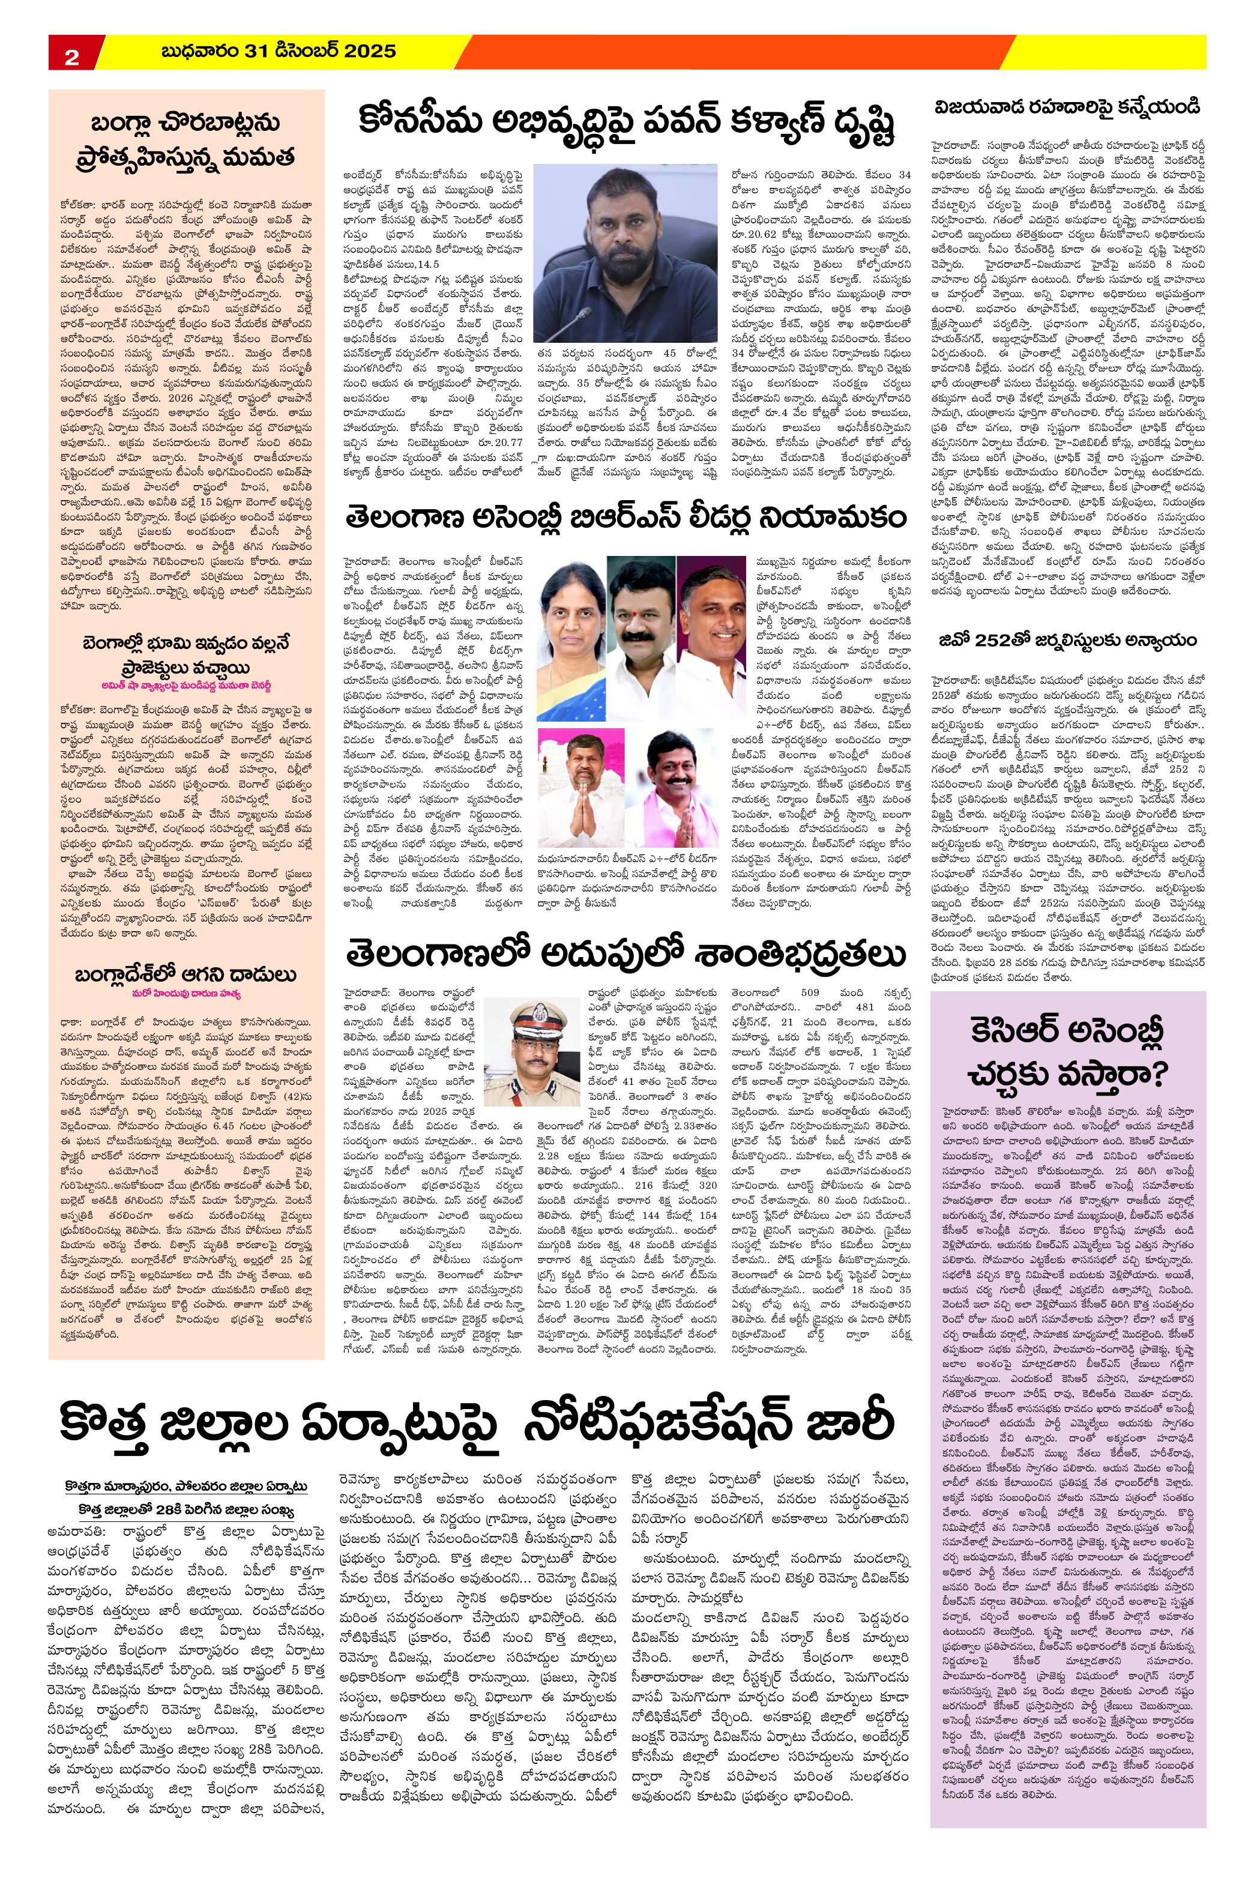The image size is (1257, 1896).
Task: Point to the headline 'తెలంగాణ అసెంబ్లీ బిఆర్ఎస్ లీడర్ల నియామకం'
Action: pyautogui.click(x=626, y=519)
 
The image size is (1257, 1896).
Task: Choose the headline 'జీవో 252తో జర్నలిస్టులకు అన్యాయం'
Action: pyautogui.click(x=1069, y=640)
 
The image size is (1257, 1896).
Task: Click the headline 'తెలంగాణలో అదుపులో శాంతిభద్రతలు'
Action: pyautogui.click(x=626, y=954)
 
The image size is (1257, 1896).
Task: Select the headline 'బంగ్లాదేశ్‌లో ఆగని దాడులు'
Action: pyautogui.click(x=186, y=975)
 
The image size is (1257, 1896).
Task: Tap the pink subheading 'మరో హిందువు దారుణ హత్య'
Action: pyautogui.click(x=186, y=995)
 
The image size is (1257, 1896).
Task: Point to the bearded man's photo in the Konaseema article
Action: pyautogui.click(x=625, y=253)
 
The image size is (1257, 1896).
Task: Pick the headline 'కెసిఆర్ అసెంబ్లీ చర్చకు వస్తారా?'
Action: pyautogui.click(x=1068, y=1052)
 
